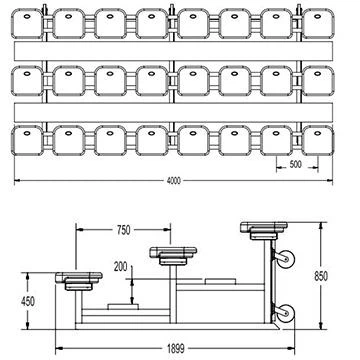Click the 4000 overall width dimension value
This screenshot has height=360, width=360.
click(x=173, y=181)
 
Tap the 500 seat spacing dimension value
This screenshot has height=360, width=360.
click(x=295, y=164)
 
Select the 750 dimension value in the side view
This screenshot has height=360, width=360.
click(x=124, y=230)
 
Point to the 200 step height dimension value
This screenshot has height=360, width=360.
click(x=121, y=267)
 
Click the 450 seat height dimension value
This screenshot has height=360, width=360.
click(x=28, y=301)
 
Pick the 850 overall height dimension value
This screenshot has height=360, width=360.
click(x=321, y=276)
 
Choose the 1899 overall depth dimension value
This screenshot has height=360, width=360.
click(x=176, y=349)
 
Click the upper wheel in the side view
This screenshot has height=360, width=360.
click(x=285, y=259)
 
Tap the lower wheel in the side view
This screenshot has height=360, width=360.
click(x=285, y=313)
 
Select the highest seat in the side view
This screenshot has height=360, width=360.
click(x=264, y=230)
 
